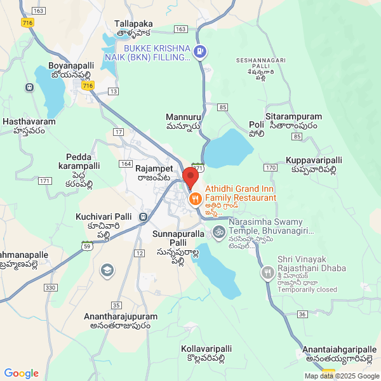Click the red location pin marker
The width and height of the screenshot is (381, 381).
coord(190,177)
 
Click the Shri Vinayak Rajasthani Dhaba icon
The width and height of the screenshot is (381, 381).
coord(267,273)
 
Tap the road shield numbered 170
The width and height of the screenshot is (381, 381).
coord(271,167)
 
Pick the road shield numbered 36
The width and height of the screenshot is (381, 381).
coord(302,314)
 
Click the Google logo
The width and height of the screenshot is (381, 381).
coord(21,373)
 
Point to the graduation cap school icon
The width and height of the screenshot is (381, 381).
coord(107,271)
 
